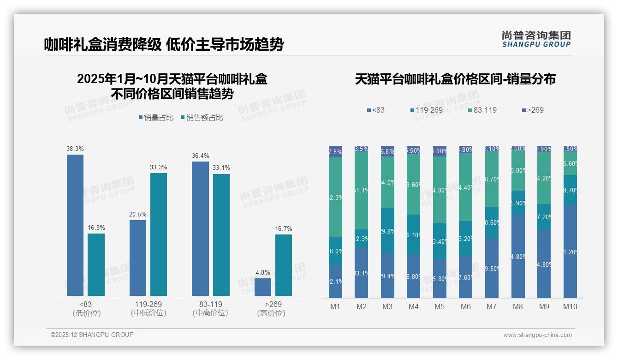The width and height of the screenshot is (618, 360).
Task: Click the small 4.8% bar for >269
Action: pyautogui.click(x=263, y=287)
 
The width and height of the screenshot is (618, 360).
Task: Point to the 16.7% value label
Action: pyautogui.click(x=284, y=228)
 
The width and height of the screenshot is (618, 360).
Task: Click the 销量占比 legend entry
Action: pyautogui.click(x=156, y=118)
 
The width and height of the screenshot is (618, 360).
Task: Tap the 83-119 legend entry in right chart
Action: pyautogui.click(x=482, y=110)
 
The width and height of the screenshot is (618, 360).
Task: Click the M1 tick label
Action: pyautogui.click(x=335, y=306)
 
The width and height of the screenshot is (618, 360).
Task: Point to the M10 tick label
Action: pyautogui.click(x=570, y=306)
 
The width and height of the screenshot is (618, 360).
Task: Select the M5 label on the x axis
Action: pyautogui.click(x=440, y=306)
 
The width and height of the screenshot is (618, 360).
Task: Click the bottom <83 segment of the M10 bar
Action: pyautogui.click(x=570, y=252)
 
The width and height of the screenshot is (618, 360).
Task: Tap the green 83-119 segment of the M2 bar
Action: pyautogui.click(x=362, y=190)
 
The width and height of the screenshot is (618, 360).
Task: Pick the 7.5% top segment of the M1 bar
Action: pyautogui.click(x=335, y=152)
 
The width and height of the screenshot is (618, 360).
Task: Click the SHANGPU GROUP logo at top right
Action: pyautogui.click(x=536, y=39)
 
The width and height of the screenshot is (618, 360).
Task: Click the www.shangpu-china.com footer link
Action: pyautogui.click(x=537, y=335)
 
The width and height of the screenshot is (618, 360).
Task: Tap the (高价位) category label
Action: pyautogui.click(x=273, y=313)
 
